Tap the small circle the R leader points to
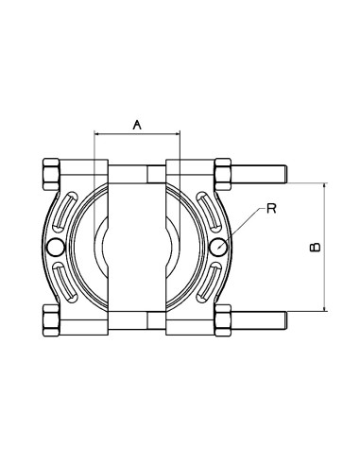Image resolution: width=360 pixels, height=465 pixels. (219, 246)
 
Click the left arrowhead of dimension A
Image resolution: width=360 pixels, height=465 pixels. (98, 134)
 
